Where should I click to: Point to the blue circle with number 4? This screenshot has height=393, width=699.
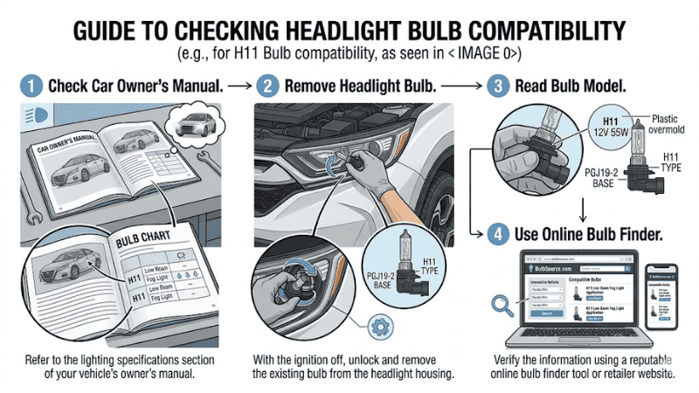click(x=496, y=233)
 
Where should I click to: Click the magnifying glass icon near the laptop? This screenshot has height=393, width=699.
click(x=503, y=303)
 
